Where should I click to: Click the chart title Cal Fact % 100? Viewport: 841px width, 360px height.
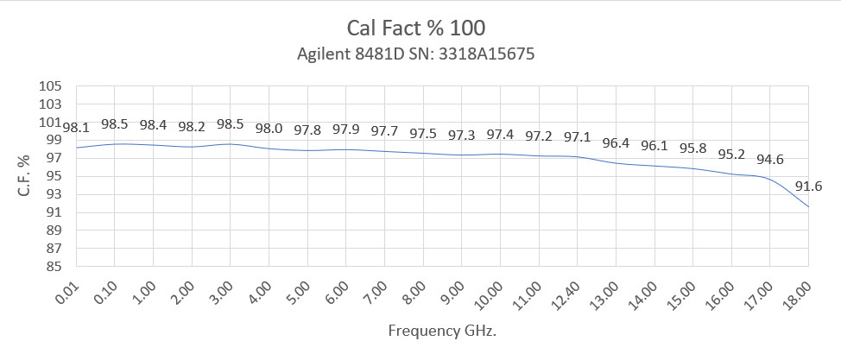pyautogui.click(x=420, y=27)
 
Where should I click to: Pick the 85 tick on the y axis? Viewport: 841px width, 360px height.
pyautogui.click(x=56, y=267)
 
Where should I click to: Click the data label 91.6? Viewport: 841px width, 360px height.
pyautogui.click(x=808, y=186)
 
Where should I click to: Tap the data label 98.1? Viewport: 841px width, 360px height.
pyautogui.click(x=76, y=128)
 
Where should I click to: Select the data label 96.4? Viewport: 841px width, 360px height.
pyautogui.click(x=616, y=143)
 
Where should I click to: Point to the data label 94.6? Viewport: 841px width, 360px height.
pyautogui.click(x=770, y=160)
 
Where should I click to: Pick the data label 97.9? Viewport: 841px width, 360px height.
pyautogui.click(x=345, y=129)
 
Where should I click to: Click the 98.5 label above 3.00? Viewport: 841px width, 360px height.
pyautogui.click(x=230, y=124)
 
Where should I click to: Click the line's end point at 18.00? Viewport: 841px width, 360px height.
pyautogui.click(x=808, y=206)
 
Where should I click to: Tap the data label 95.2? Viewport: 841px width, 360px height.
pyautogui.click(x=731, y=155)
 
